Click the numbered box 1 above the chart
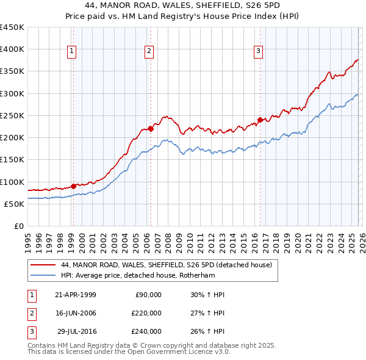(73, 51)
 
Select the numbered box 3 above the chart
(259, 51)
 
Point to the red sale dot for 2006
(151, 129)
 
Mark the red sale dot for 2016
(260, 120)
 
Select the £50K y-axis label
(15, 204)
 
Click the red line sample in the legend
(43, 265)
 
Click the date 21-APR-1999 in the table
(75, 295)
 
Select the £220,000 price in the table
(146, 313)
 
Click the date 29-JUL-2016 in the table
(75, 331)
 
